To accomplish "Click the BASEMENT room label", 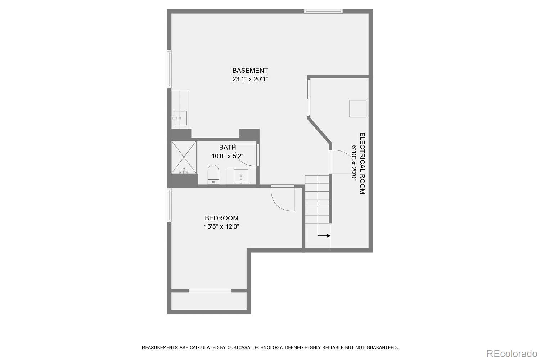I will point(250,71).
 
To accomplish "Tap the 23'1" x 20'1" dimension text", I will point(250,79).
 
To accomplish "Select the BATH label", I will point(228,147).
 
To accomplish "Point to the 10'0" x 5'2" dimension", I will point(228,156).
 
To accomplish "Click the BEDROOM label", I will point(221,218).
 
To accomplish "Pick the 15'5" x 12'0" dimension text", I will point(221,226).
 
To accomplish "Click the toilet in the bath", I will point(213,174).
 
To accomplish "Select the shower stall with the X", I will point(184,157).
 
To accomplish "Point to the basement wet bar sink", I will point(180,118).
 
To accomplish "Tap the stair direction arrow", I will point(324,236).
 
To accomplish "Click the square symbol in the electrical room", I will point(358,109).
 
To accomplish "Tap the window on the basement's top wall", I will point(323,11).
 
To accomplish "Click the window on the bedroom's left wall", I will point(169,205).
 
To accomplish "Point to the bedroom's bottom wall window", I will point(210,291).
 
